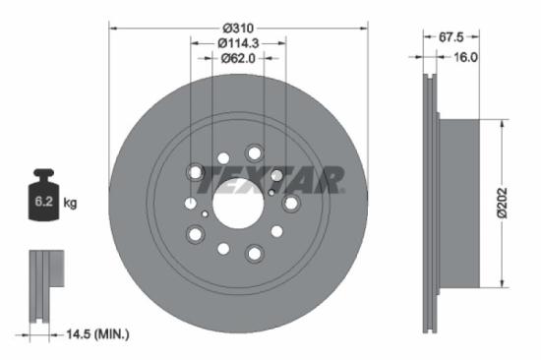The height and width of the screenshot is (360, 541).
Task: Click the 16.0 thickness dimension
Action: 464,57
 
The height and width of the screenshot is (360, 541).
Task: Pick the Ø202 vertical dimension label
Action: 516,205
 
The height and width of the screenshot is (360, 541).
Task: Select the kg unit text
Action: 70,204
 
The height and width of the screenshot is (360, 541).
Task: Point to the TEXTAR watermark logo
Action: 266,179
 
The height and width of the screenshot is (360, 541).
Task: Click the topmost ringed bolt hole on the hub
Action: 255,152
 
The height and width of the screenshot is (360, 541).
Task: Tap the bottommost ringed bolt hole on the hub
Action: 254,254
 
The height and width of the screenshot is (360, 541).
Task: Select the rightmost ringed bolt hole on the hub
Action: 291,203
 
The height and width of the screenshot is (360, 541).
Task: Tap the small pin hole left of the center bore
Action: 204,211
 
